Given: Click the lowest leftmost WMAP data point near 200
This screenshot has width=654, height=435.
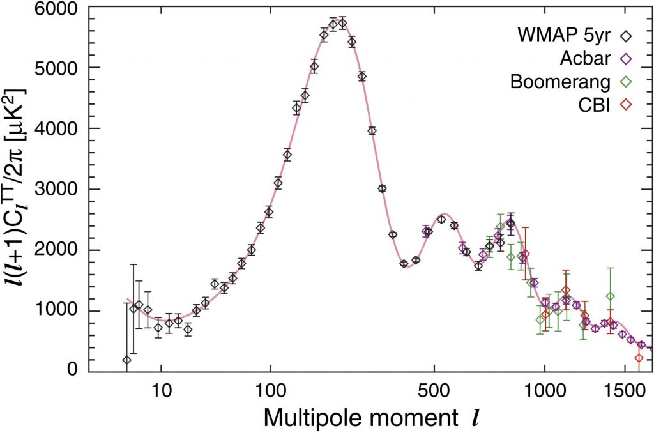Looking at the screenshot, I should click(126, 360).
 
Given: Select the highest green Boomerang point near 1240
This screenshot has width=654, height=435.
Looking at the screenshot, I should click(611, 296).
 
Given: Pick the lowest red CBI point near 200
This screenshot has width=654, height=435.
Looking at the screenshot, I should click(638, 358).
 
